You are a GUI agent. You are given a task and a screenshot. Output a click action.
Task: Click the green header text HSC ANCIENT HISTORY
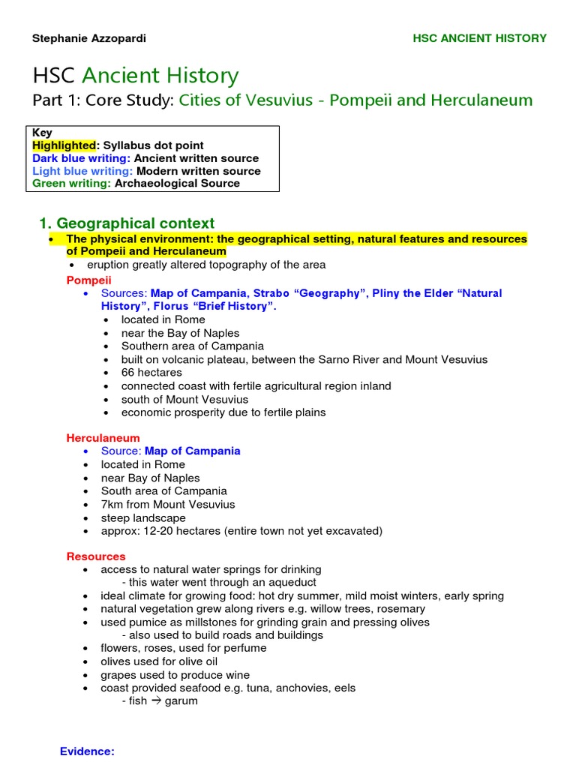(x=479, y=38)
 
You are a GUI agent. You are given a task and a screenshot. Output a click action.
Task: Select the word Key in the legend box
(x=42, y=133)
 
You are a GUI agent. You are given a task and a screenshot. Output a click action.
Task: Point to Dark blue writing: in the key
(x=81, y=158)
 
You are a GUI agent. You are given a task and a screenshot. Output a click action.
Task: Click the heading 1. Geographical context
(x=126, y=223)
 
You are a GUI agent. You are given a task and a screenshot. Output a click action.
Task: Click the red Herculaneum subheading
(x=103, y=438)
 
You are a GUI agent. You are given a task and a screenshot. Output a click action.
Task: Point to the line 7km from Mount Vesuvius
(x=168, y=505)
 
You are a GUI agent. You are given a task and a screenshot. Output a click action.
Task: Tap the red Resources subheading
(x=96, y=556)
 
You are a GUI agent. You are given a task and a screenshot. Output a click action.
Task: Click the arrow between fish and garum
(x=156, y=701)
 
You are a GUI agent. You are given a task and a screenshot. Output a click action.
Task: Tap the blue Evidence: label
(x=87, y=751)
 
